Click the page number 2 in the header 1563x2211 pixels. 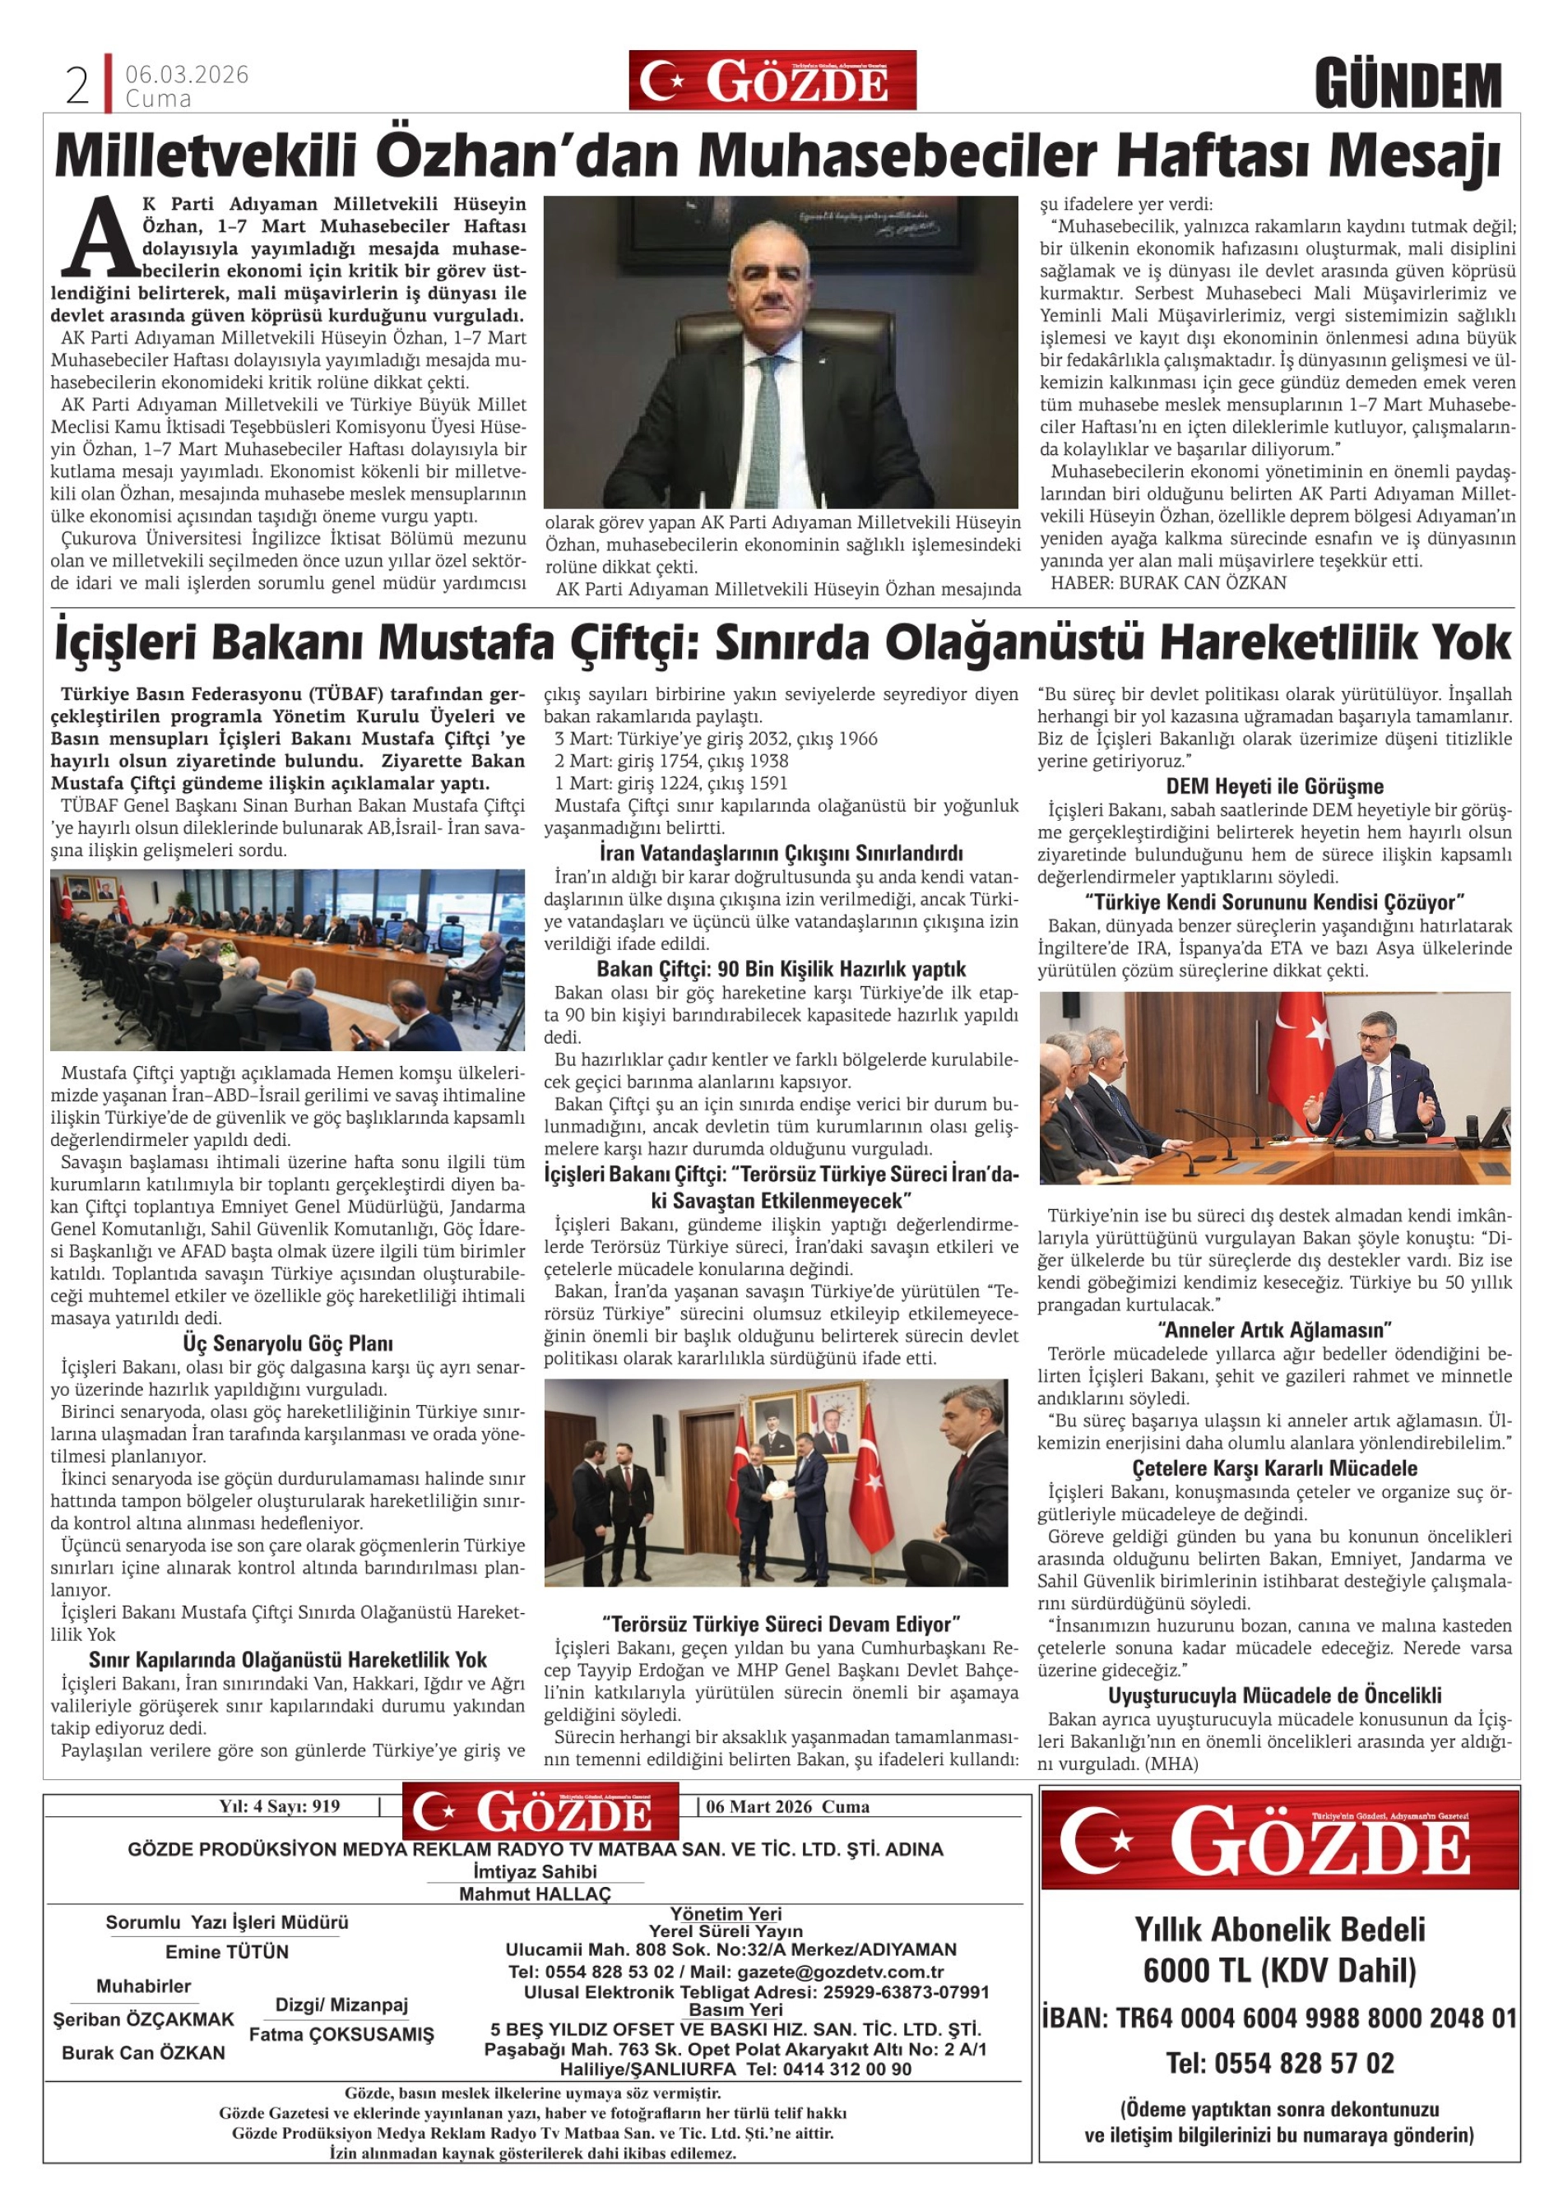[77, 86]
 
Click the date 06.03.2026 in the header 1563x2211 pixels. [187, 74]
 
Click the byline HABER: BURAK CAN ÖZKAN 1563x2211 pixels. [1168, 582]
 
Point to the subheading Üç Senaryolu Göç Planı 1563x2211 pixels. [287, 1343]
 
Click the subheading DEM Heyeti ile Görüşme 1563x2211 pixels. [1274, 786]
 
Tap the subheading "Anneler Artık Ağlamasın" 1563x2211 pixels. [1274, 1330]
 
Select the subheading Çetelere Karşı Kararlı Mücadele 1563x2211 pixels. [1274, 1468]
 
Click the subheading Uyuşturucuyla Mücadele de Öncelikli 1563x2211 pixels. [1274, 1696]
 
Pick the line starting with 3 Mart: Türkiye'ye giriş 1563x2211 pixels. [716, 739]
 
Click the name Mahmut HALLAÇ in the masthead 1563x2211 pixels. [535, 1894]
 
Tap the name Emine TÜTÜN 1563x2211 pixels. [227, 1952]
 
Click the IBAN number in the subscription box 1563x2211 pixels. [1279, 2019]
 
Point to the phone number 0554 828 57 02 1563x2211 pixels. [1280, 2064]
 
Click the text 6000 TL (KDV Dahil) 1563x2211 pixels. [1279, 1971]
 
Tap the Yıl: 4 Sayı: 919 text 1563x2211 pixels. [279, 1806]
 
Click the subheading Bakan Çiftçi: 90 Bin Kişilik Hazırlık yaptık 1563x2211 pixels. [781, 969]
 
